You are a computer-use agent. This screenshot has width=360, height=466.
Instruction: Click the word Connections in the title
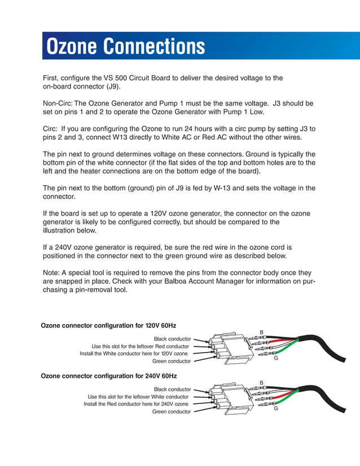[x=155, y=46]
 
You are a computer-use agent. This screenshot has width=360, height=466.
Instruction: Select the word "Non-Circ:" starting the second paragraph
[x=58, y=104]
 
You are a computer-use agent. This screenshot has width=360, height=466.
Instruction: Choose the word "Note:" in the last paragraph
[x=52, y=272]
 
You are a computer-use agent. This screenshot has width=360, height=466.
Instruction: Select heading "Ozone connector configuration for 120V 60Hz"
[x=108, y=326]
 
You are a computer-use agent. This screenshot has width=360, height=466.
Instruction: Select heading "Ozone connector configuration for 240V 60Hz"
[x=108, y=376]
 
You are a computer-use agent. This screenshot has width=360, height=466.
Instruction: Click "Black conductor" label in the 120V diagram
[x=172, y=339]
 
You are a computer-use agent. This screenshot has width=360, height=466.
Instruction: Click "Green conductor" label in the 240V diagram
[x=172, y=412]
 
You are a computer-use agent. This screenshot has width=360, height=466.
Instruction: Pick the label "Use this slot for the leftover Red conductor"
[x=140, y=346]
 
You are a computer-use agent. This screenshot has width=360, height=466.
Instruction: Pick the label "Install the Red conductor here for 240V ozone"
[x=136, y=405]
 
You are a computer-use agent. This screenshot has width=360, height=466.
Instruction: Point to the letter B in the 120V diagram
[x=261, y=332]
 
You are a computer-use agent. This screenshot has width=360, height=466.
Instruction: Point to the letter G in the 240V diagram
[x=276, y=408]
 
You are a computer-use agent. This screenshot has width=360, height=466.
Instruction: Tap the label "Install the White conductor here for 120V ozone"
[x=134, y=354]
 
